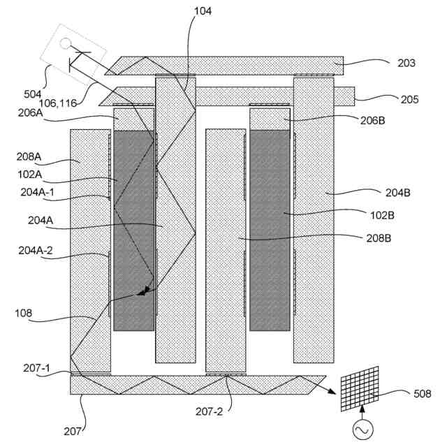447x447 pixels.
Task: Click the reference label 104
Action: (x=203, y=11)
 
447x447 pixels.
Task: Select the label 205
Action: (x=410, y=99)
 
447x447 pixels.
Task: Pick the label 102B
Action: (x=381, y=215)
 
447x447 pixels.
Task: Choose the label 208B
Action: (x=378, y=238)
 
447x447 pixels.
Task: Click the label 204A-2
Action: (x=35, y=251)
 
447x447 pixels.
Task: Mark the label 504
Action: (x=32, y=94)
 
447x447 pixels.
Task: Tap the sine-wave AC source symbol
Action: (x=363, y=432)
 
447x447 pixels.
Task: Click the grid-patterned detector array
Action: (x=360, y=388)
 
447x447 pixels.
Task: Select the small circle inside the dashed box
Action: (x=66, y=43)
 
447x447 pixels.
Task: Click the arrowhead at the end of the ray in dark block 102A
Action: (x=142, y=293)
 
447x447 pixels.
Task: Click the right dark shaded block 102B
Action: (x=270, y=230)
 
